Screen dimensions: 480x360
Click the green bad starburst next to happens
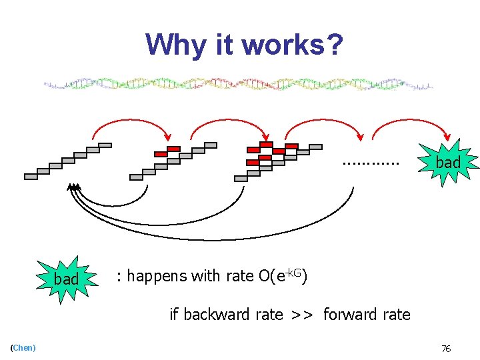(x=67, y=279)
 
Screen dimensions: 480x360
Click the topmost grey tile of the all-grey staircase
(x=105, y=145)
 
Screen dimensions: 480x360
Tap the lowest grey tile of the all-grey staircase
(x=31, y=177)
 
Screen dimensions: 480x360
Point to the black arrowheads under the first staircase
(x=73, y=187)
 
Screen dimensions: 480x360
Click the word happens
(x=160, y=276)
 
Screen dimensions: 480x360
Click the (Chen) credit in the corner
(x=23, y=348)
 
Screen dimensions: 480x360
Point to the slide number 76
(x=446, y=348)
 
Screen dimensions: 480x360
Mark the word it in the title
(x=225, y=45)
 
